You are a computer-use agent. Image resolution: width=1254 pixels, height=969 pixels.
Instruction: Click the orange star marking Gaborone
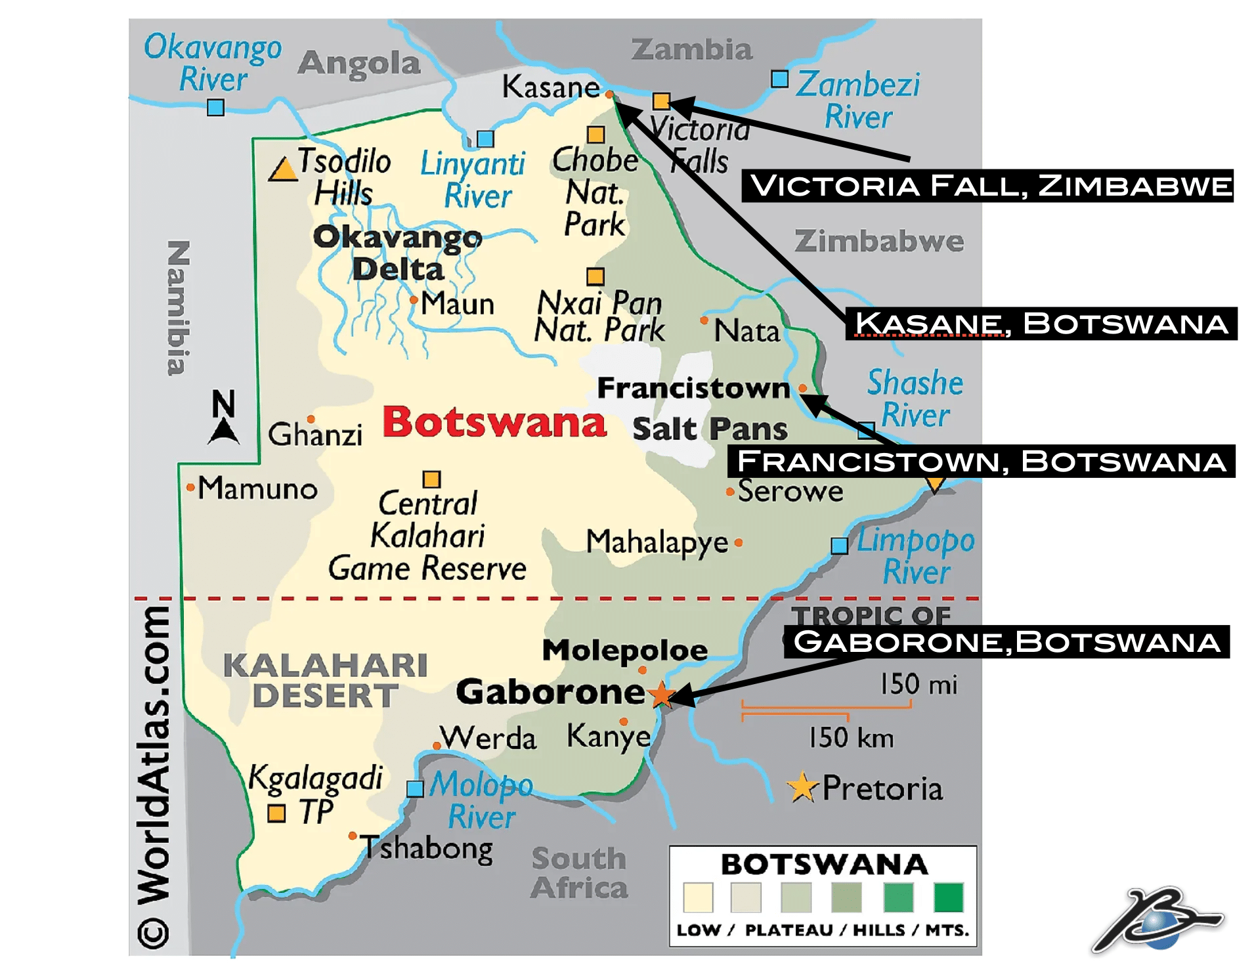pos(661,694)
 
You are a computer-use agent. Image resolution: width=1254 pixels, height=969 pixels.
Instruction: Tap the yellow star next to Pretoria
pos(802,787)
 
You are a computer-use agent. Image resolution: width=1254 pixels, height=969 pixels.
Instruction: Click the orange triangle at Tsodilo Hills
pos(284,170)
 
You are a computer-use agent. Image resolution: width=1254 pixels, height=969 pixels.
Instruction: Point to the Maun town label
pos(457,304)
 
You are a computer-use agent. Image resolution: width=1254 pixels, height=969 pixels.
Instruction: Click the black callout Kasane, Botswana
pos(1041,324)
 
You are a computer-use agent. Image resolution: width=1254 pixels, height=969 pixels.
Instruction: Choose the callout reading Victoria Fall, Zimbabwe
pos(987,186)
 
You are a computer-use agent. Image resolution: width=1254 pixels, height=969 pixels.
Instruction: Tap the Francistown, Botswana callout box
pos(981,462)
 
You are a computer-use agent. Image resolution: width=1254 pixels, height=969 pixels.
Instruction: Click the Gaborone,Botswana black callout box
pos(1006,642)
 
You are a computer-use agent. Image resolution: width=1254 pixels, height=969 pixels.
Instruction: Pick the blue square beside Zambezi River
pos(779,79)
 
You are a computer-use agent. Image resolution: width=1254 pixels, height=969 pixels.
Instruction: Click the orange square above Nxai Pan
pos(595,276)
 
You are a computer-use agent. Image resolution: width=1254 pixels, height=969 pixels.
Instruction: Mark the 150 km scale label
pos(850,738)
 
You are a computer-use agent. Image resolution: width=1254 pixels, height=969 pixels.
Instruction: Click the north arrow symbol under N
pos(224,432)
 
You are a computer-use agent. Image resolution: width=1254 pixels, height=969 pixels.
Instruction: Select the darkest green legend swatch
pos(948,897)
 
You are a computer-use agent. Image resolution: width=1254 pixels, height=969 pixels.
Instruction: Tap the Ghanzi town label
pos(315,435)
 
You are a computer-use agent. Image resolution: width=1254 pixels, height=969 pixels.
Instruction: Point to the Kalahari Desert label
pos(325,680)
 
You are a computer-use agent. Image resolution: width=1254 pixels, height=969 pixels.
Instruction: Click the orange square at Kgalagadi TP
pos(276,813)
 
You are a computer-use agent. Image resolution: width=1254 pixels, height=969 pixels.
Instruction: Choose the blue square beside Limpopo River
pos(839,546)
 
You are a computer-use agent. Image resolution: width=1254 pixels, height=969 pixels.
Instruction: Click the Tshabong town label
pos(427,848)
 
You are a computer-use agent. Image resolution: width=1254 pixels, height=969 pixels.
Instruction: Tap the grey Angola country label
pos(359,64)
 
